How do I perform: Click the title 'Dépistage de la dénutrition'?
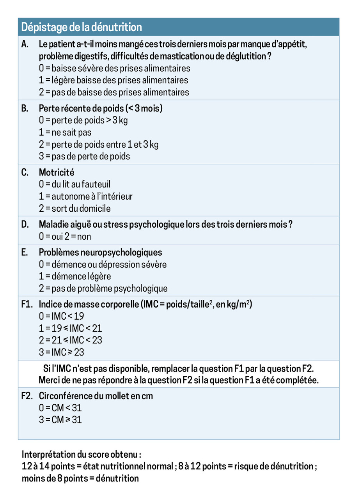coord(82,27)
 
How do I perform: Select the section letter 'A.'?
coord(25,44)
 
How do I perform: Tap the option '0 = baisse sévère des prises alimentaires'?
coord(115,68)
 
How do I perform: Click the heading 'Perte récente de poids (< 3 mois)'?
coord(101,108)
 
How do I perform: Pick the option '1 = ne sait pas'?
coord(65,133)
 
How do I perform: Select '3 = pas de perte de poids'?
coord(84,156)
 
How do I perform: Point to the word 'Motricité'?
coord(57,172)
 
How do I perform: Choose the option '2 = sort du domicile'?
coord(74,208)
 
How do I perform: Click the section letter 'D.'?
coord(25,225)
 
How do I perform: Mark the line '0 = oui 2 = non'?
coord(65,237)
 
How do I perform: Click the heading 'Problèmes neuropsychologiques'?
coord(101,252)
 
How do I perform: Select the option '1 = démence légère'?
coord(75,276)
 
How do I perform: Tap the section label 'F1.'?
coord(27,304)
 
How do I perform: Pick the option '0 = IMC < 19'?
coord(61,316)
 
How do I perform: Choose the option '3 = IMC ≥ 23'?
coord(61,352)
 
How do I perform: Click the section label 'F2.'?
coord(27,396)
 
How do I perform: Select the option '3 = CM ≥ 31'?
coord(60,420)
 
